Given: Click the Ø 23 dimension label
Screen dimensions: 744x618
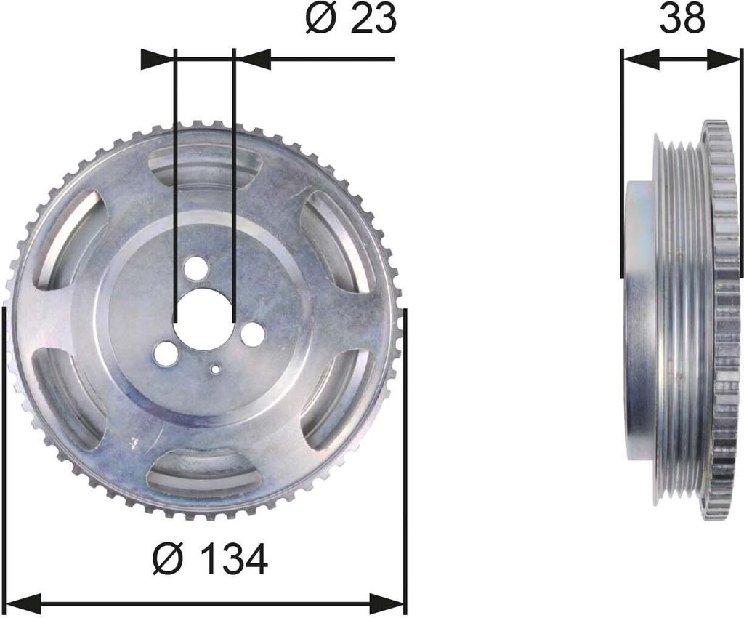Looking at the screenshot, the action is coord(350,20).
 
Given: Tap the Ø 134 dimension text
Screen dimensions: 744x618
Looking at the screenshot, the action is coord(211,558).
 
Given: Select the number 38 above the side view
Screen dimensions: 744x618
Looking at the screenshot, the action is coord(683,19).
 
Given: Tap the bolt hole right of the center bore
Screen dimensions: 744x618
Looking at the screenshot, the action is coord(252,333).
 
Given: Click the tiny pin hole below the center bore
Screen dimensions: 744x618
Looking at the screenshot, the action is coord(216,369).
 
